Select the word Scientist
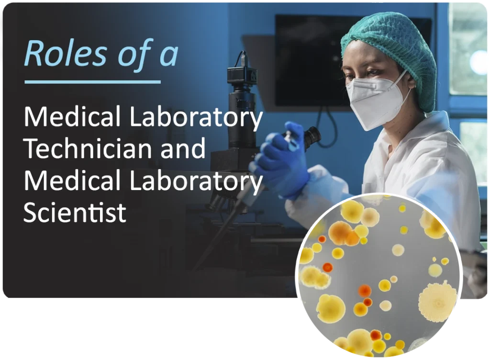tap(75, 212)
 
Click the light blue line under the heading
tap(92, 82)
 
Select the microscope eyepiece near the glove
tap(312, 136)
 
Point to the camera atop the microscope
tap(242, 74)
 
